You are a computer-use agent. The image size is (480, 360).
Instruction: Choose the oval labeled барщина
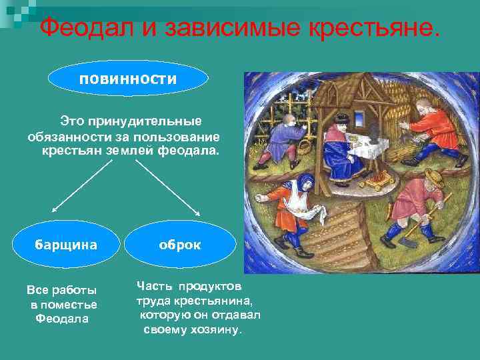(x=66, y=244)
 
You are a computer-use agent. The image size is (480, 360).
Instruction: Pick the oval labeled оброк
(x=179, y=245)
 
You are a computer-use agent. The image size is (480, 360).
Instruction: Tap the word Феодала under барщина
(x=62, y=319)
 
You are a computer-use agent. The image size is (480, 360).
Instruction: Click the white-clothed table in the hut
(x=363, y=150)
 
